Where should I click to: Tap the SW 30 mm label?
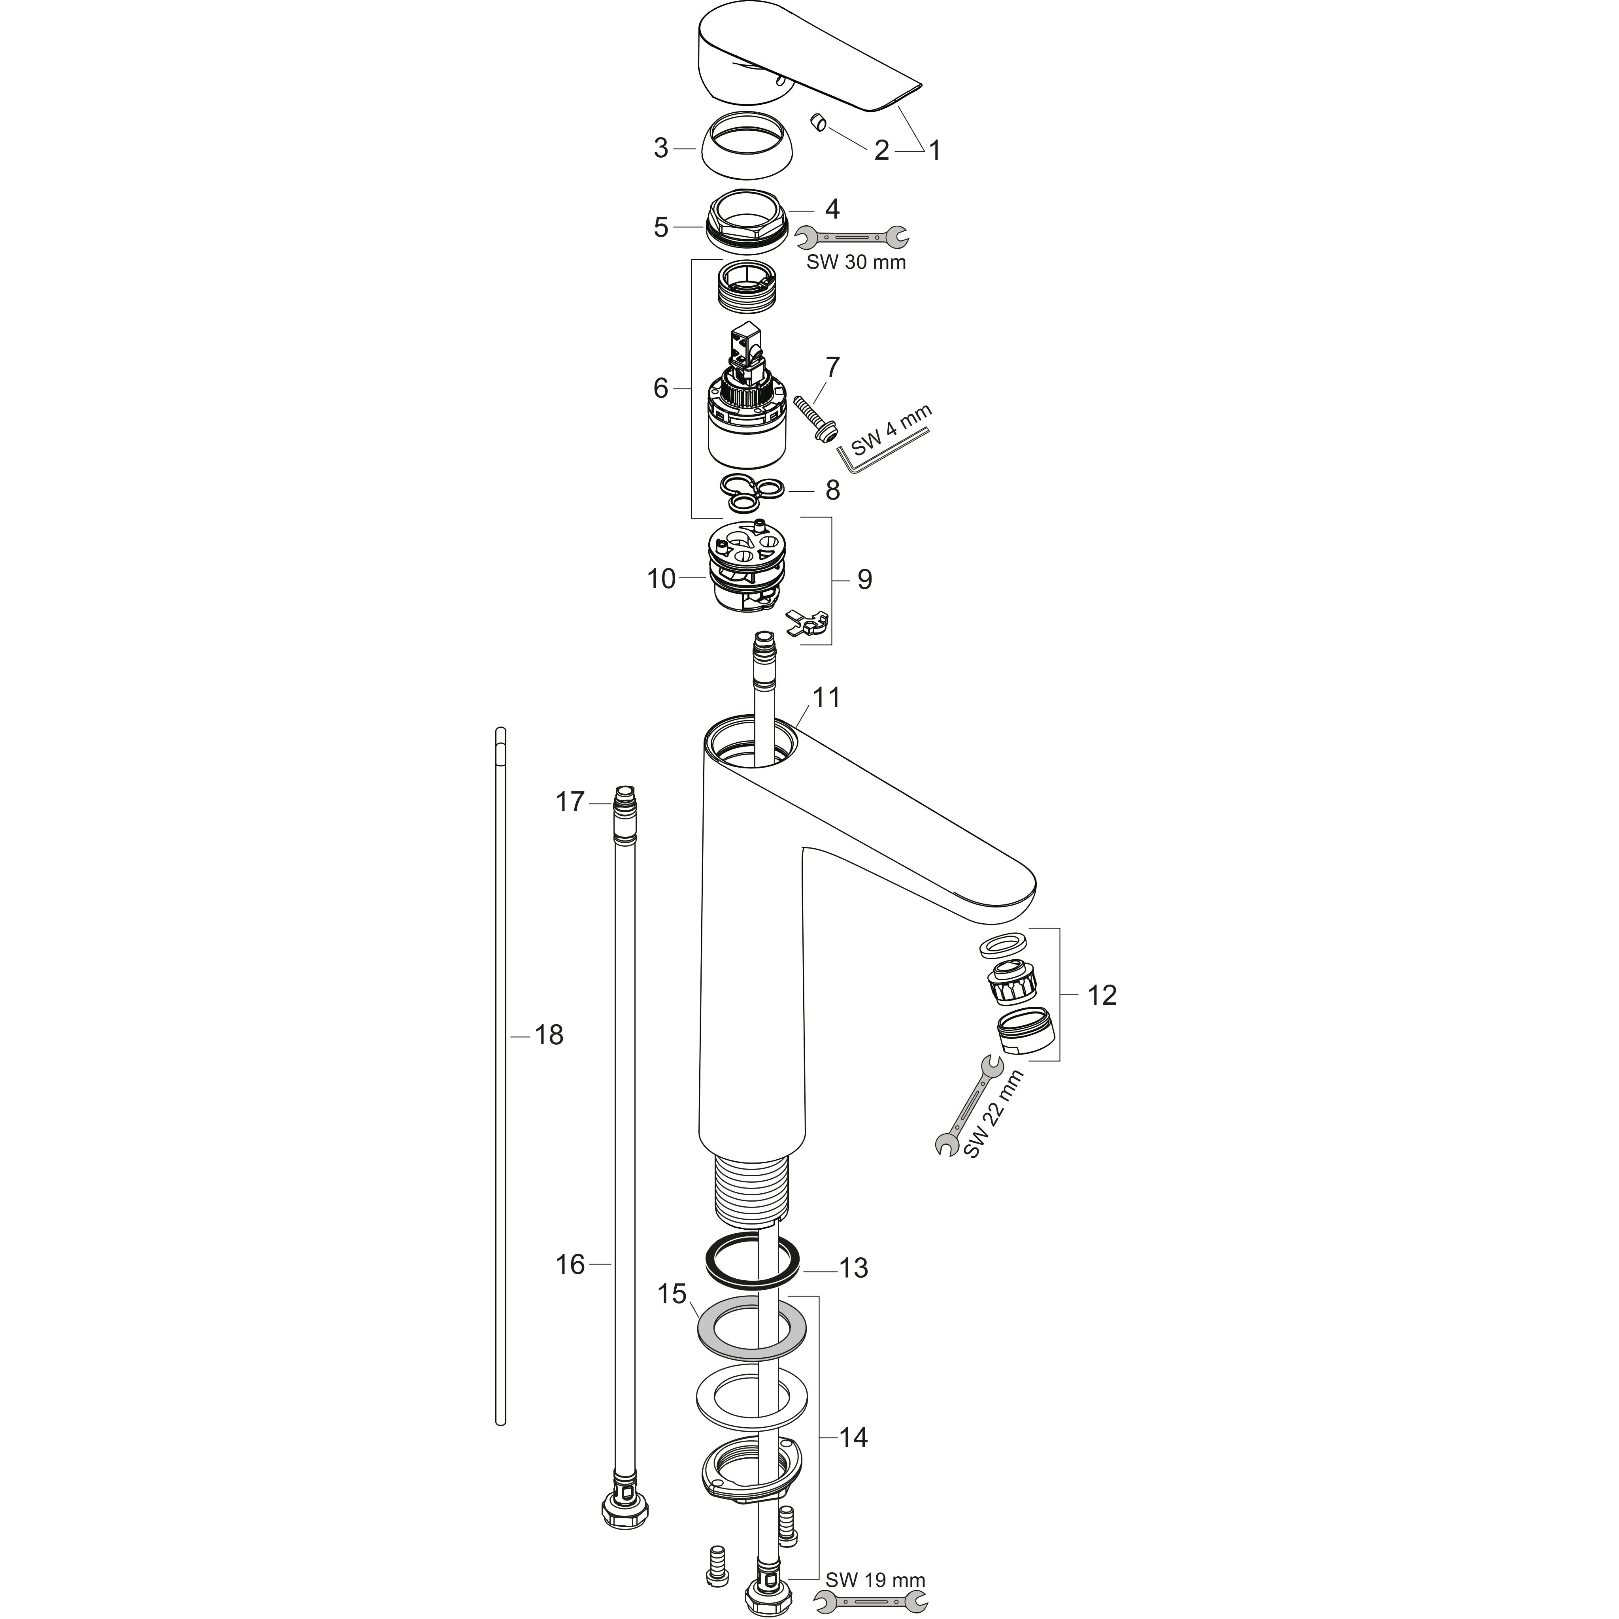pyautogui.click(x=856, y=262)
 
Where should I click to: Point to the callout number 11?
pyautogui.click(x=826, y=697)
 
